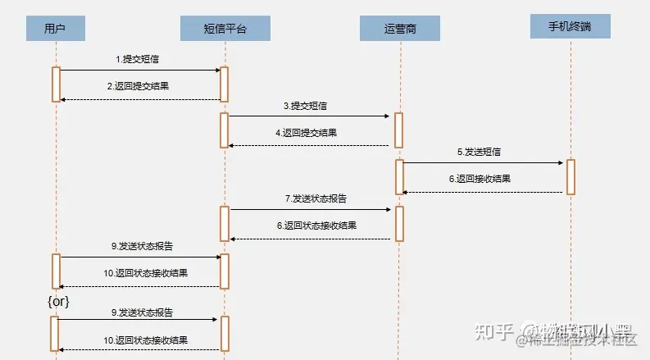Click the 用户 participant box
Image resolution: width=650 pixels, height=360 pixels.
click(56, 30)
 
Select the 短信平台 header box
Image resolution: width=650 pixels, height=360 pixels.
click(224, 30)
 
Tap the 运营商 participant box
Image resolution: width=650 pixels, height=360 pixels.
click(399, 29)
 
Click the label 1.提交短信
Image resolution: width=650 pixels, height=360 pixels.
click(138, 60)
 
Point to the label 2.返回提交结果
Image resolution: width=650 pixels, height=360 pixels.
click(139, 86)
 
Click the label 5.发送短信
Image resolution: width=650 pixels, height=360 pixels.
click(479, 152)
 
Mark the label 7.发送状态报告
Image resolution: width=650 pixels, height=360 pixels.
click(315, 198)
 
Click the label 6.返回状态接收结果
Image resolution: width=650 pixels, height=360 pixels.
click(316, 225)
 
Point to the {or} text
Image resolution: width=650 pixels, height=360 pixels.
click(58, 302)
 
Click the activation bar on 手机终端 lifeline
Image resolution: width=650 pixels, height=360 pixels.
click(570, 176)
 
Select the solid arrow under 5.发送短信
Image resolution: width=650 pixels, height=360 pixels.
click(484, 162)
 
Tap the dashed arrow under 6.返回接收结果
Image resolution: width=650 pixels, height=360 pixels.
click(484, 192)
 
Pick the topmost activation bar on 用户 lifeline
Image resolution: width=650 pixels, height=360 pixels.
click(56, 84)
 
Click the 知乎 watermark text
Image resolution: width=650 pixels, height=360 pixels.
click(497, 332)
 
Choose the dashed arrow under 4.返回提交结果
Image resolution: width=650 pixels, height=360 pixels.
click(310, 145)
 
